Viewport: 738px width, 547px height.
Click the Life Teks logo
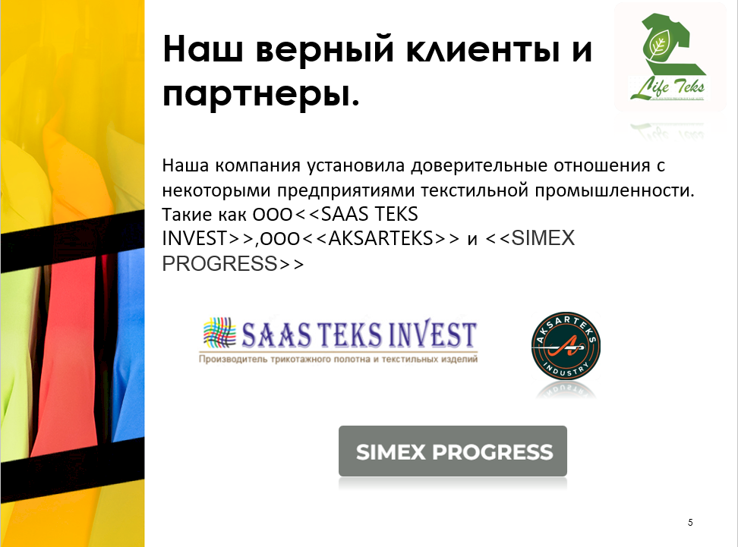click(669, 57)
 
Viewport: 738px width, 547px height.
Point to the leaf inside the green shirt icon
click(657, 46)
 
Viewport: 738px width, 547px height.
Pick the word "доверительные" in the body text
click(478, 166)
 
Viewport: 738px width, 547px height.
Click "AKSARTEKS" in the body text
click(380, 238)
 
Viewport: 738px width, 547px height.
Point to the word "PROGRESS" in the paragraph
click(219, 263)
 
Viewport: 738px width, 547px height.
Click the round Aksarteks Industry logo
click(566, 346)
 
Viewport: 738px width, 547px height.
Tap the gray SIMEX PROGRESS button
click(453, 451)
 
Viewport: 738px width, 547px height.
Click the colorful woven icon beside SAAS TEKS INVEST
click(219, 332)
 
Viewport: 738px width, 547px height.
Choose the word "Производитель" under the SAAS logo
click(233, 360)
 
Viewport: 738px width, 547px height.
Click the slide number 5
click(690, 522)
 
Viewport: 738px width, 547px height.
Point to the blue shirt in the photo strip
click(128, 344)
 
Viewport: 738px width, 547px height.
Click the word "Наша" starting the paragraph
click(185, 166)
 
